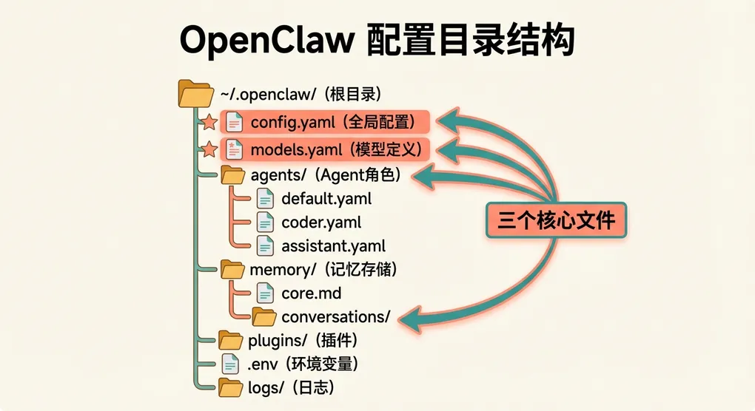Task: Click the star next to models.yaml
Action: pos(209,149)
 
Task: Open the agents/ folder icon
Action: pos(233,175)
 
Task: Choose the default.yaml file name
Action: pos(326,199)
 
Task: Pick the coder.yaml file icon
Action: pos(264,222)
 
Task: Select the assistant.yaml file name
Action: pos(333,246)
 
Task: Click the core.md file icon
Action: pos(264,293)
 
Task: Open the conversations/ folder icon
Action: pos(264,316)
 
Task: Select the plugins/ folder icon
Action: pos(231,340)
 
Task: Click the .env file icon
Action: pos(231,364)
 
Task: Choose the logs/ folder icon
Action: pos(231,387)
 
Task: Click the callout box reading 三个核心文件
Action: pos(556,221)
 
